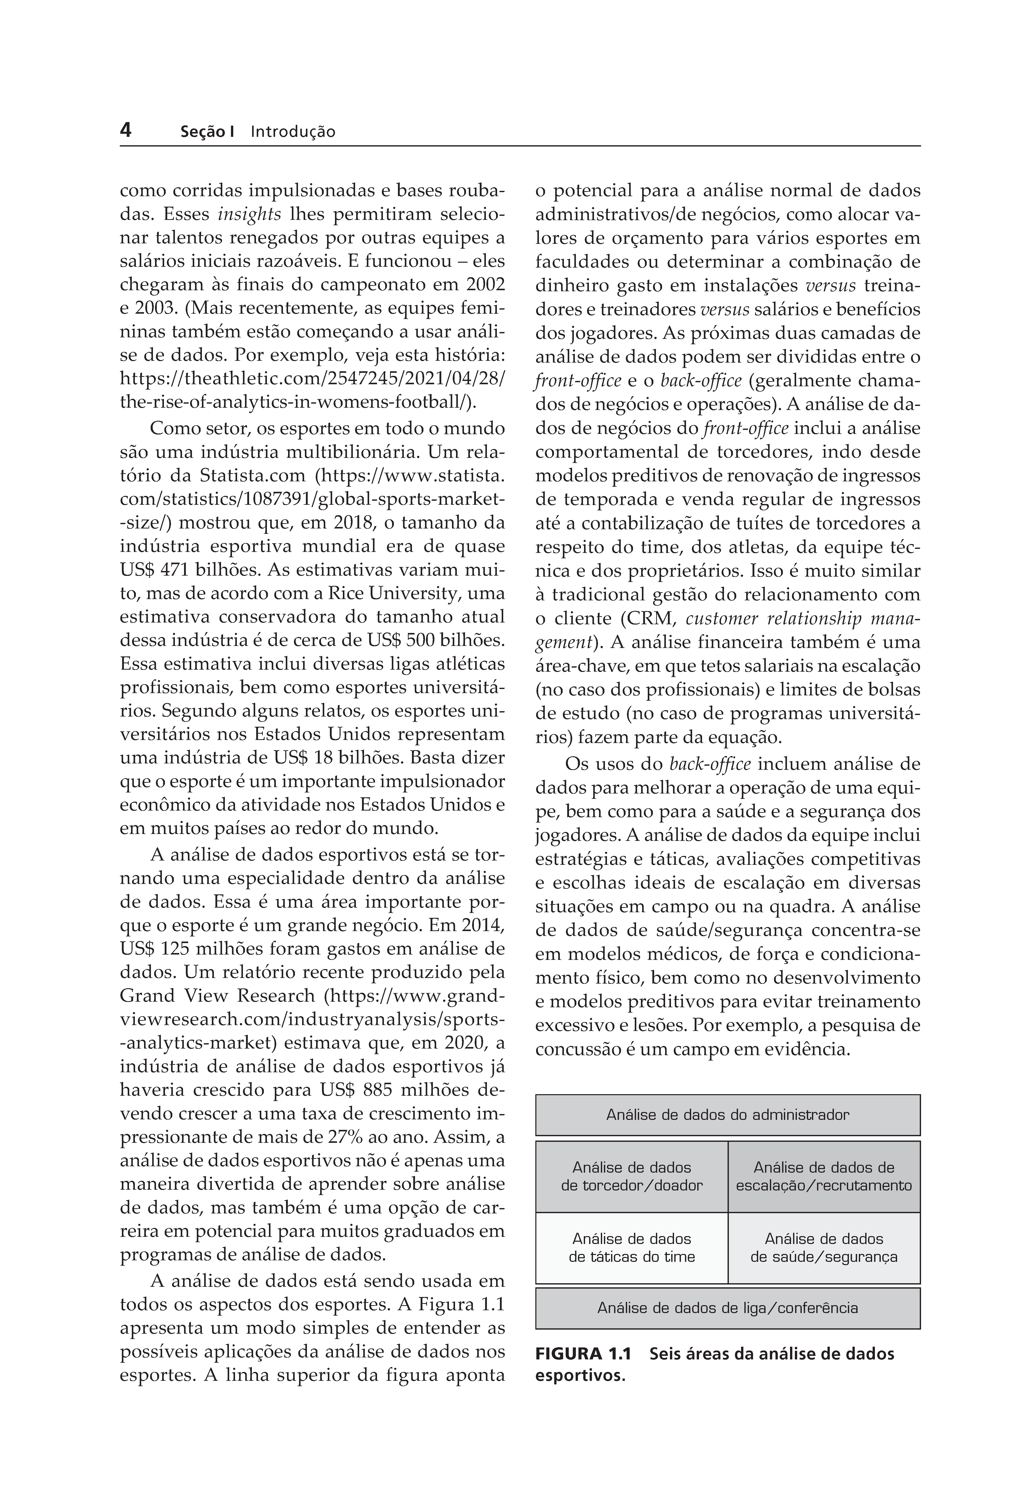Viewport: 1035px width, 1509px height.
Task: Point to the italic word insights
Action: [250, 214]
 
